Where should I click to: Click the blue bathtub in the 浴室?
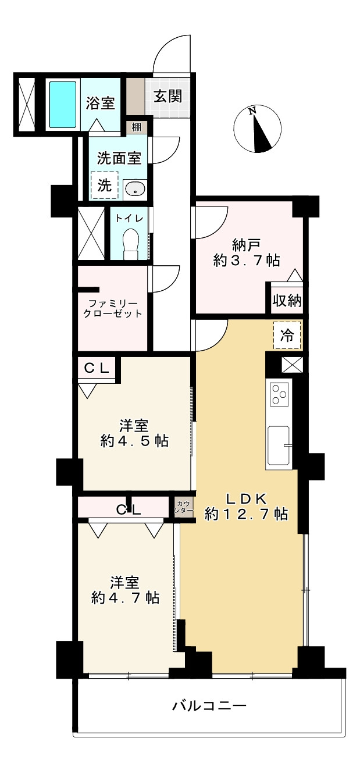[x=63, y=104]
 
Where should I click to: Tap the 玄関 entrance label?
[x=167, y=96]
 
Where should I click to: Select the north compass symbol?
[x=257, y=129]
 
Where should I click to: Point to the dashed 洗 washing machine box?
[x=105, y=186]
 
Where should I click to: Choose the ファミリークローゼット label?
[x=113, y=308]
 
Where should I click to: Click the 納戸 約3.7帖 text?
[x=247, y=253]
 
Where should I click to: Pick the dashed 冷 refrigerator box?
[x=287, y=336]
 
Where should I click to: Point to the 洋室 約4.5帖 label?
[x=134, y=433]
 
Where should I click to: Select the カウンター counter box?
[x=183, y=506]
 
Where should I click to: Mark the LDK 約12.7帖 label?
[x=246, y=506]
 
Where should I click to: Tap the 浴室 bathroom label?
[x=100, y=104]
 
